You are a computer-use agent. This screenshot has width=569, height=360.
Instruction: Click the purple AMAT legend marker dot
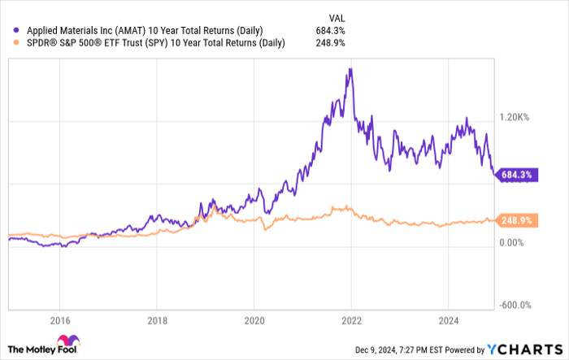point(10,30)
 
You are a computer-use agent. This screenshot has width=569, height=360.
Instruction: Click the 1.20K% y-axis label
point(514,117)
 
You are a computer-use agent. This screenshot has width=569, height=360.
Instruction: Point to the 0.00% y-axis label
point(515,242)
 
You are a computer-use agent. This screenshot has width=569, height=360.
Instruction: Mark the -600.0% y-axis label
point(514,305)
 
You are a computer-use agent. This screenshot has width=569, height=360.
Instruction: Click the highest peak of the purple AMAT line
point(350,69)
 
